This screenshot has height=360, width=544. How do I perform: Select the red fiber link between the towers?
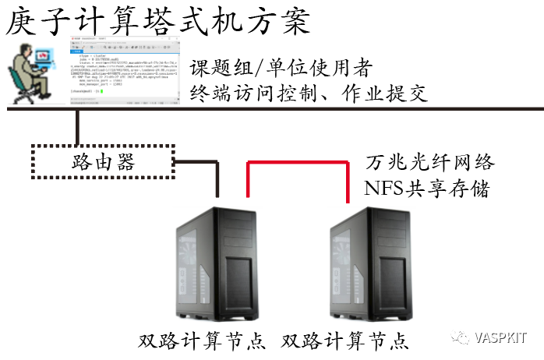(297, 161)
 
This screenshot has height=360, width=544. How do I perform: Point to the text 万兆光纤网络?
(429, 163)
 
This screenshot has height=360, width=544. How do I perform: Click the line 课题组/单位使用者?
(281, 68)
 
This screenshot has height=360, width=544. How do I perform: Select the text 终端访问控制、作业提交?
(309, 94)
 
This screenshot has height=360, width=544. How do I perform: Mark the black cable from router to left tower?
(217, 175)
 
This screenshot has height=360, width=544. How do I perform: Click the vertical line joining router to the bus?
(77, 127)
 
